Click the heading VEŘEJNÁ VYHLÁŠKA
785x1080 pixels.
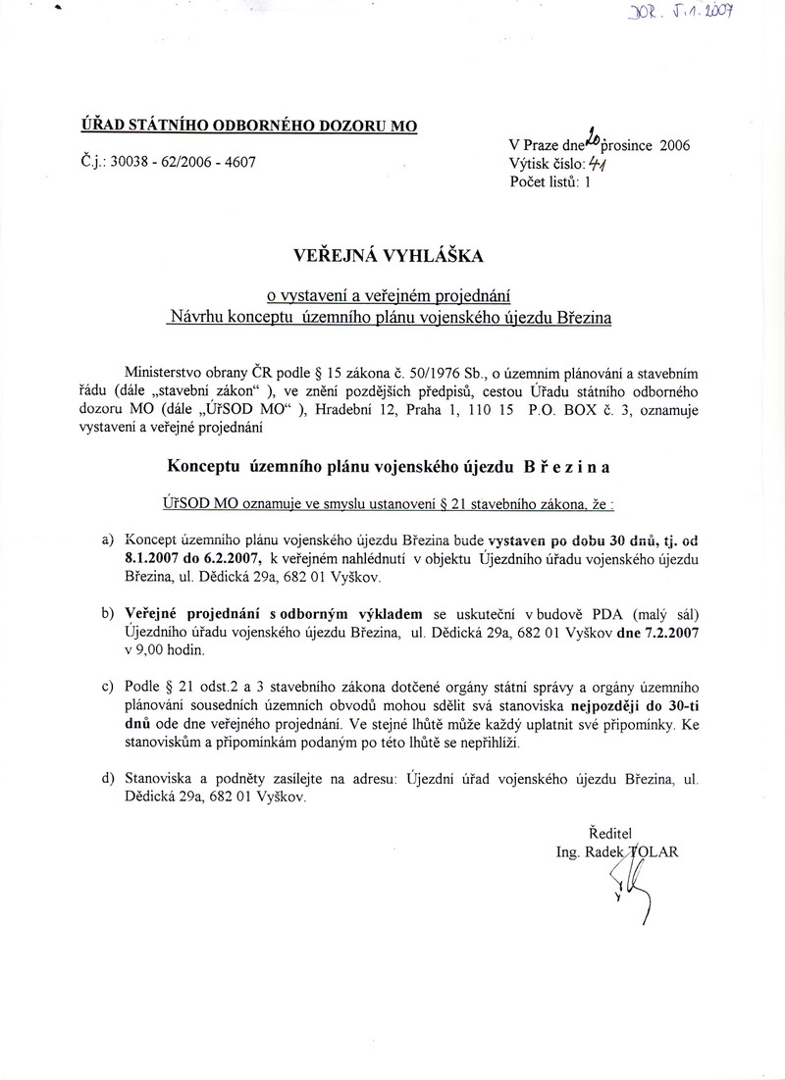[x=390, y=256]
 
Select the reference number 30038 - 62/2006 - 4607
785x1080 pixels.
[x=183, y=162]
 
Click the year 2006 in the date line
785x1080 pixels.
[x=675, y=146]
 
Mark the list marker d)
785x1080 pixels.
[x=106, y=779]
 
